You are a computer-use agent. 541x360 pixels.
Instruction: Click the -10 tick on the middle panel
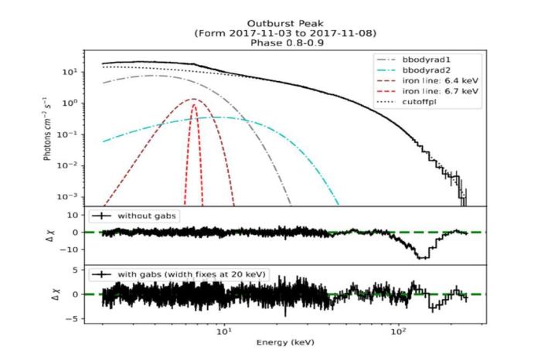pos(75,249)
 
